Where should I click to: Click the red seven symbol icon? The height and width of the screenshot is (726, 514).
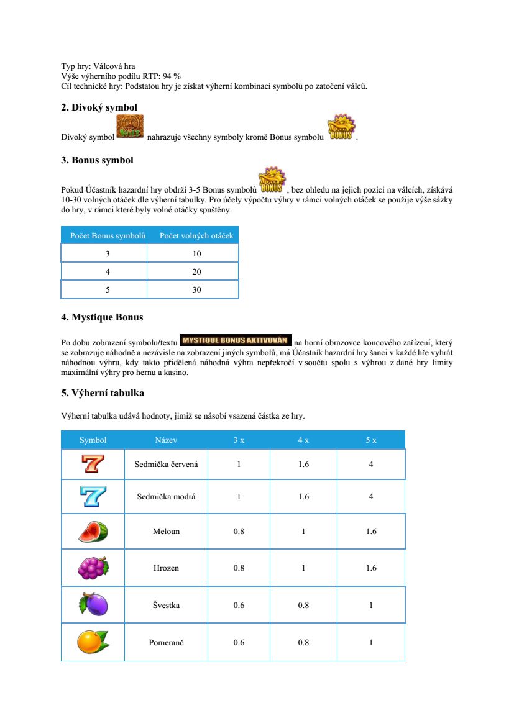pyautogui.click(x=93, y=464)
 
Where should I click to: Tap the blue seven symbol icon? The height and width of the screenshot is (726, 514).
pyautogui.click(x=93, y=496)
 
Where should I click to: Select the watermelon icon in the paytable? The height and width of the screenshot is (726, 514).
pyautogui.click(x=93, y=532)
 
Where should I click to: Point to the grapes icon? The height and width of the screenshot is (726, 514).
pyautogui.click(x=93, y=568)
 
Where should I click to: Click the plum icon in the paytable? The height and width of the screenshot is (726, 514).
pyautogui.click(x=93, y=604)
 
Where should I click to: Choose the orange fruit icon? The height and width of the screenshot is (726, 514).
pyautogui.click(x=93, y=642)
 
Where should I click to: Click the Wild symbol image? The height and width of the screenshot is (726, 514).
pyautogui.click(x=130, y=126)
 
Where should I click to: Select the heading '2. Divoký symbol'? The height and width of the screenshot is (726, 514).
pyautogui.click(x=99, y=107)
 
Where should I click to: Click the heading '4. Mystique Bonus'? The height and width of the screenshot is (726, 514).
pyautogui.click(x=102, y=317)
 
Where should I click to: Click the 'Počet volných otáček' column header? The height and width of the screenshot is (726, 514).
pyautogui.click(x=196, y=235)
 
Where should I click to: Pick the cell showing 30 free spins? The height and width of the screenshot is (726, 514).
pyautogui.click(x=196, y=289)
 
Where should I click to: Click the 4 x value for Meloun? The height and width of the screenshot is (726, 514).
pyautogui.click(x=303, y=532)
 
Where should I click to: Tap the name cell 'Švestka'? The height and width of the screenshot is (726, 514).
pyautogui.click(x=166, y=605)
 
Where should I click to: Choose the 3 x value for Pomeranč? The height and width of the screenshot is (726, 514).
pyautogui.click(x=239, y=643)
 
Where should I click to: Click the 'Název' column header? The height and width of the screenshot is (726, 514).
pyautogui.click(x=166, y=440)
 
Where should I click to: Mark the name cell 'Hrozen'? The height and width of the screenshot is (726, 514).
pyautogui.click(x=166, y=568)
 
